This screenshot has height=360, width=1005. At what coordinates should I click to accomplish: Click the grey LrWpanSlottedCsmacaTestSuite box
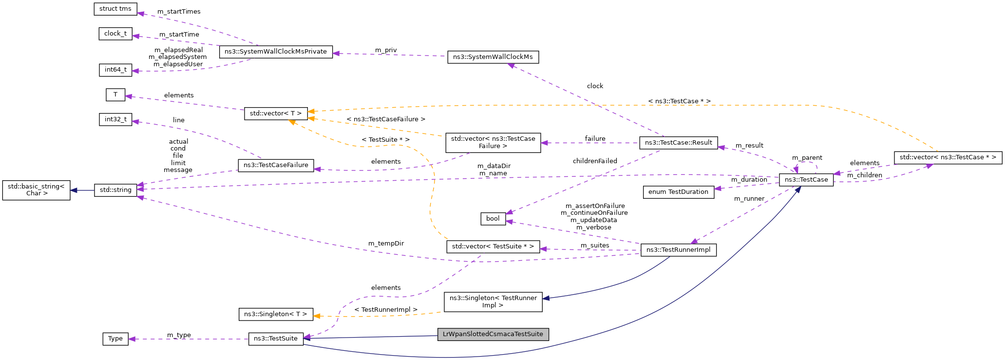coord(493,334)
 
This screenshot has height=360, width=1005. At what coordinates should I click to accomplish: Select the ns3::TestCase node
coord(806,180)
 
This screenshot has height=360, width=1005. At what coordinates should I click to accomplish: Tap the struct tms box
coord(115,9)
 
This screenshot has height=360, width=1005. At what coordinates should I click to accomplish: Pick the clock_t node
coord(115,34)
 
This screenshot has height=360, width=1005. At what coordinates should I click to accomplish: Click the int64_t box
coord(115,70)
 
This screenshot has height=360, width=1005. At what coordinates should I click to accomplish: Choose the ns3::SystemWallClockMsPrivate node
coord(276,52)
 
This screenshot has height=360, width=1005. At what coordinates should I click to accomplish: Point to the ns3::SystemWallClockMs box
coord(493,57)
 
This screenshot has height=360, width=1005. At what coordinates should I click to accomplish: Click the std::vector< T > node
coord(276,114)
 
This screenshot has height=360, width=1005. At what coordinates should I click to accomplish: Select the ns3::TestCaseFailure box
coord(276,165)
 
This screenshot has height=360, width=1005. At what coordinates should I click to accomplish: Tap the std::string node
coord(115,190)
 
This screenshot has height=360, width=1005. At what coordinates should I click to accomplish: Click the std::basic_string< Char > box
coord(36,190)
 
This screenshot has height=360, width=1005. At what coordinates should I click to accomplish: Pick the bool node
coord(493,219)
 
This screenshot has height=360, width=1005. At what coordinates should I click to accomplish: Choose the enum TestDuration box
coord(678,192)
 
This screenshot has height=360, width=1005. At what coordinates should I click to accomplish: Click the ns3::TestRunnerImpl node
coord(678,250)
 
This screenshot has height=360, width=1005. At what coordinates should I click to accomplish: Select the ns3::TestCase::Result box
coord(678,143)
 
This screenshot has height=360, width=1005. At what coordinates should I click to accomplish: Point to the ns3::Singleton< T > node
coord(276,314)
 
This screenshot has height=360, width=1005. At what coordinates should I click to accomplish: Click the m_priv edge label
coord(386,50)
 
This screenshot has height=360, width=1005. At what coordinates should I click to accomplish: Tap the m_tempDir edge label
coord(386,244)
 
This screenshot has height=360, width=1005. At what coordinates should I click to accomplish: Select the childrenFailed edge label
coord(595,161)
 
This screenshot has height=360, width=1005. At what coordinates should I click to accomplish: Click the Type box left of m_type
coord(115,339)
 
